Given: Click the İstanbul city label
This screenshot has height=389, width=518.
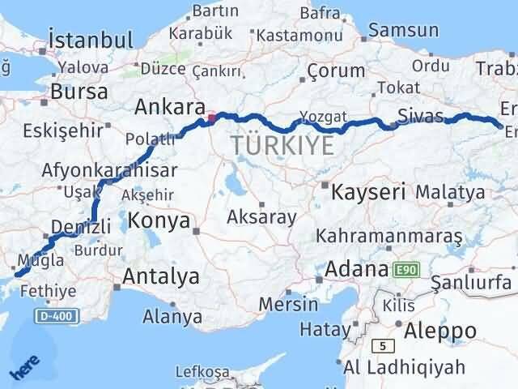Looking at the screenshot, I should coord(90,41).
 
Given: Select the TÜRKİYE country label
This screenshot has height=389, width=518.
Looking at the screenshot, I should coord(282,146).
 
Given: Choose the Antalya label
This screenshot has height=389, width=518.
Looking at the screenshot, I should coord(161,276).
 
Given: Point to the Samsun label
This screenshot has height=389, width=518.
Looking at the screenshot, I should coord(404,32).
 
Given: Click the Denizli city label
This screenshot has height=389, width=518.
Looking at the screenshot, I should coord(78,226).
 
